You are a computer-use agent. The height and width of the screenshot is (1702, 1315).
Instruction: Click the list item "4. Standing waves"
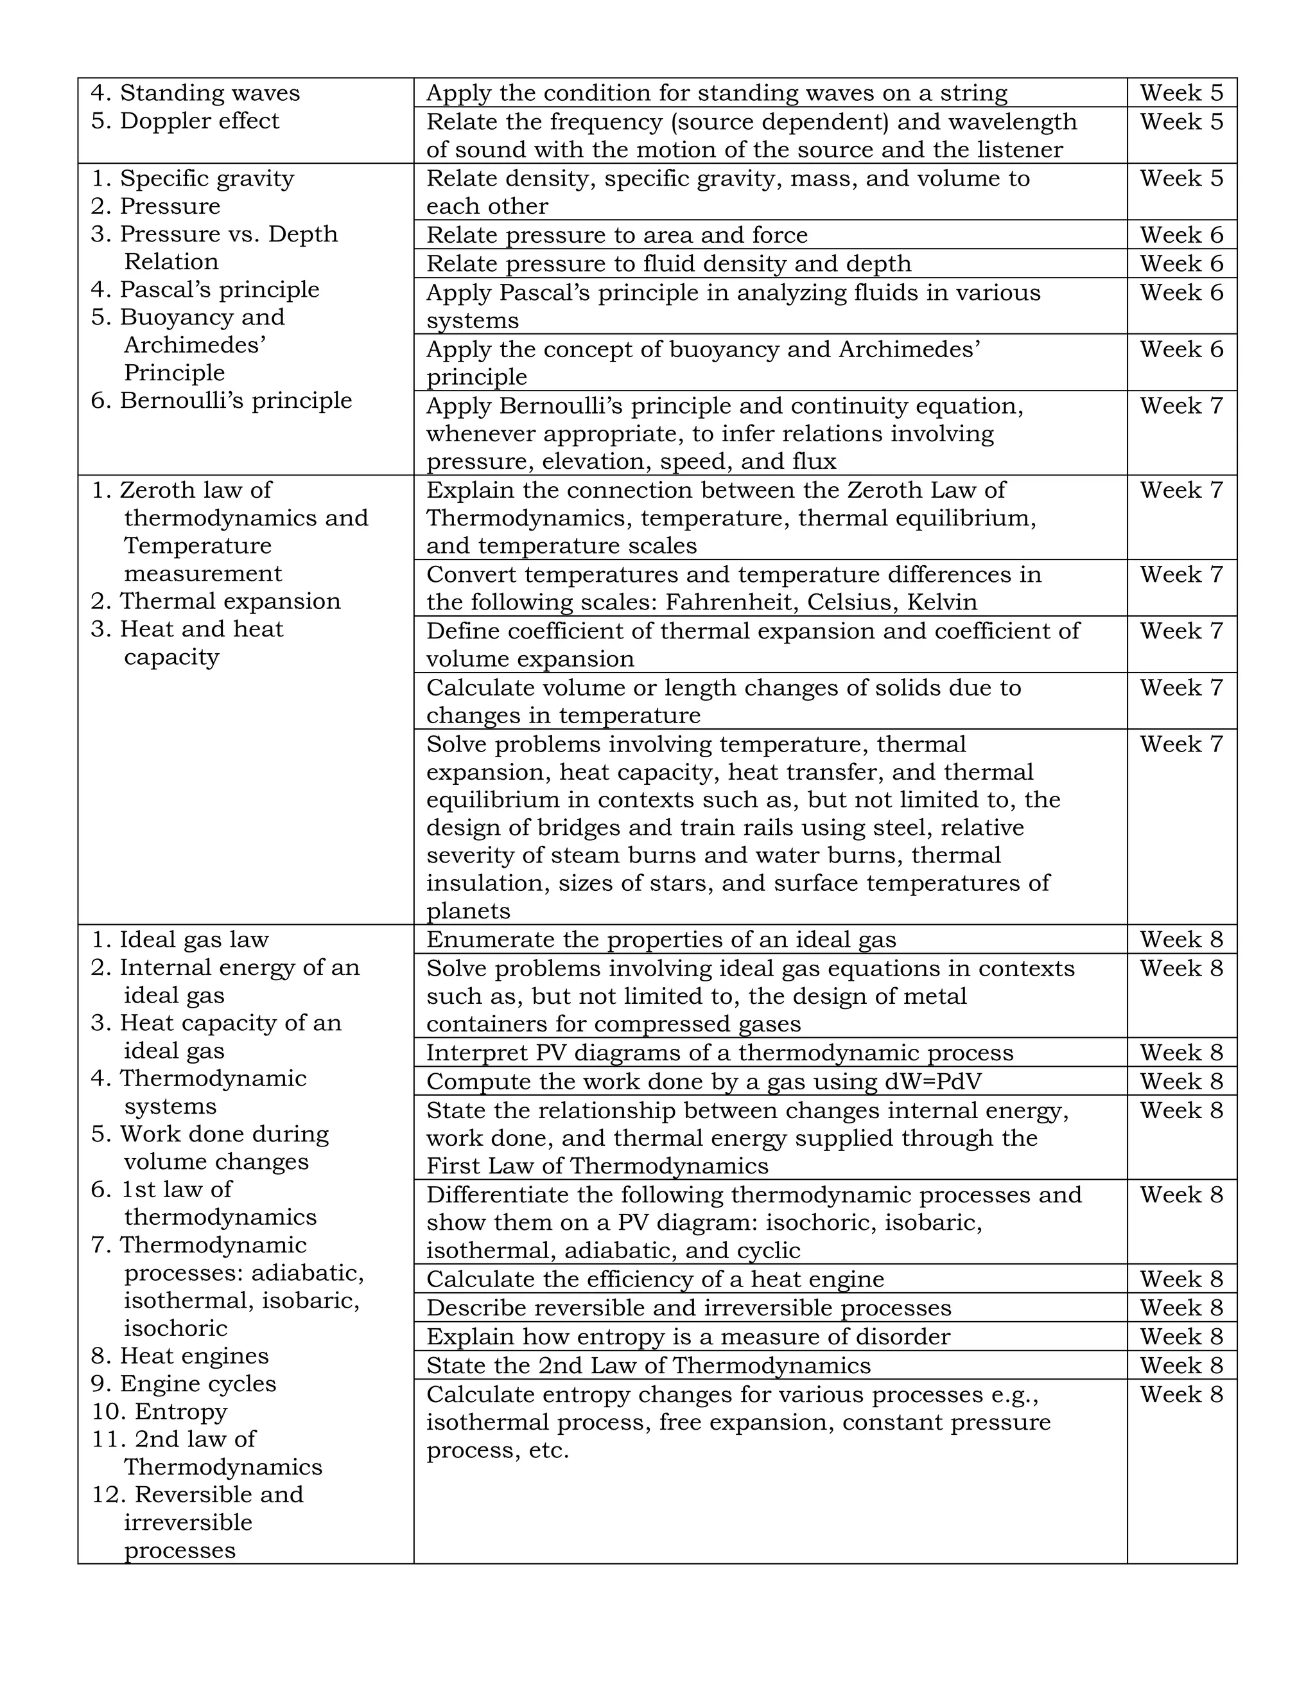195,92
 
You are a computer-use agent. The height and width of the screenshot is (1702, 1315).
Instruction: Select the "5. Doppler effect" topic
185,121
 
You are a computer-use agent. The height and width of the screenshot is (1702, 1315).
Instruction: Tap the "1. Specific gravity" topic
193,179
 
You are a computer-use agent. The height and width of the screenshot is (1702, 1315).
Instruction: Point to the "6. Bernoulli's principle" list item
222,401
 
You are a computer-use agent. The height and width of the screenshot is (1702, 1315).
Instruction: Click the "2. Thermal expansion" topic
216,602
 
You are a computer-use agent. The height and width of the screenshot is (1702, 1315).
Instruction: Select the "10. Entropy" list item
159,1411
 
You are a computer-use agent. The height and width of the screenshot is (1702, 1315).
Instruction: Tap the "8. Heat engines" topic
179,1356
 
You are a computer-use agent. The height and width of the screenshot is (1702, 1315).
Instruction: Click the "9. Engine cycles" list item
183,1383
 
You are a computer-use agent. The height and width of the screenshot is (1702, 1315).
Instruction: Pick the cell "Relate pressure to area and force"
616,235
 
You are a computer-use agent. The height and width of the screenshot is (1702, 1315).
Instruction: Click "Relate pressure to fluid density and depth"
668,264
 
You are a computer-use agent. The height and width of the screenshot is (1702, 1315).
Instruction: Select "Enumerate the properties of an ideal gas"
661,940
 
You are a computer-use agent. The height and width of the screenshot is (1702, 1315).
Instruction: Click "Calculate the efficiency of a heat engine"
654,1279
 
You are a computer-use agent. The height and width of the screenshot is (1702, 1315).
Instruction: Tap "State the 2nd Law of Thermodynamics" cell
648,1366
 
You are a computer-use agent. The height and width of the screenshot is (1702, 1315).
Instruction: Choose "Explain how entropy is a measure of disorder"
688,1337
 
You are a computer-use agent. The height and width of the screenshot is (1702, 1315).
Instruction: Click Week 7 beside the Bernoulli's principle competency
1181,406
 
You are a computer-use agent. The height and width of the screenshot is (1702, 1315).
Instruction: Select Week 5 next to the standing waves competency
1181,92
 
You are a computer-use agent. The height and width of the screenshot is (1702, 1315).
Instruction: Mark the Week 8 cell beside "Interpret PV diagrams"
1181,1053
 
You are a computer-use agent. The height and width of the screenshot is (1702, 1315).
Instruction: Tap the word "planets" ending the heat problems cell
468,911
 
